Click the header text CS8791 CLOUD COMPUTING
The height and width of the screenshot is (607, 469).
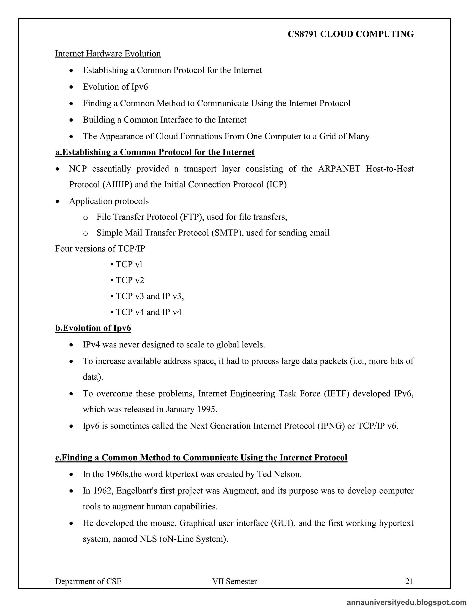click(x=350, y=34)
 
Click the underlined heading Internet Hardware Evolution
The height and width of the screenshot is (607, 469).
click(x=108, y=54)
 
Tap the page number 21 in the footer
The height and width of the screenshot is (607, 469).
click(x=409, y=581)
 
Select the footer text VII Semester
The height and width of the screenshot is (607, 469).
click(x=234, y=581)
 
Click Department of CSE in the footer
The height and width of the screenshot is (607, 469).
click(x=88, y=581)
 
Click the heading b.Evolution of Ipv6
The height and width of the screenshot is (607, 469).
click(x=93, y=328)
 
